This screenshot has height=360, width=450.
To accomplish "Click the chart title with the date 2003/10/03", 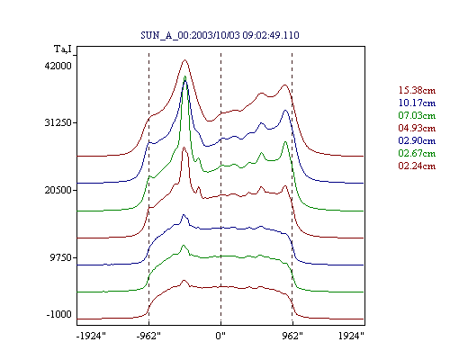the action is coord(220,35).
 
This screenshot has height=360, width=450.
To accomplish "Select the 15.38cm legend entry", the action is coord(417,90).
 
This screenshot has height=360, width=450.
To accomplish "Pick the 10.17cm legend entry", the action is coord(417,103).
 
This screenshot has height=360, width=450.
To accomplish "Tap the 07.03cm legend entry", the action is coord(417,115).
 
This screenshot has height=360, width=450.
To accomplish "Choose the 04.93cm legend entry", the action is coord(417,128).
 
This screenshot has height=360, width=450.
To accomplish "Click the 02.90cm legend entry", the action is coord(417,140).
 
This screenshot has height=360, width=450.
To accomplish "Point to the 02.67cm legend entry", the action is coord(417,153).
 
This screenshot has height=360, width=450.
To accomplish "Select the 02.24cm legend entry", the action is coord(417,166).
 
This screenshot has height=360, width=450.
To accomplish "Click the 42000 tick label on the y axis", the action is coord(58,66).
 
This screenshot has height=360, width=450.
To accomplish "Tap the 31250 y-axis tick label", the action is coord(58,122).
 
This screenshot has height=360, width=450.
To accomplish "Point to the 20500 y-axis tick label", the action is coord(58,190).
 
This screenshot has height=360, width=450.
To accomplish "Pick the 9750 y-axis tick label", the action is coord(61,257).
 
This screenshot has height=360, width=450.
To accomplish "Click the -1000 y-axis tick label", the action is coord(59,314).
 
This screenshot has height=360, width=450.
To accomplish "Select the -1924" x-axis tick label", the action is coord(91,336).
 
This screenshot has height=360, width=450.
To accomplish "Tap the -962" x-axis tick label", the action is coord(148,336).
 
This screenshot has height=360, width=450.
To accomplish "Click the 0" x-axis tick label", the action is coord(220,336).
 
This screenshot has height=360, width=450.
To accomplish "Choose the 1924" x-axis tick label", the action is coord(351,336).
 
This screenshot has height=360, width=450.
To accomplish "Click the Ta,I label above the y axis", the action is coord(63,49).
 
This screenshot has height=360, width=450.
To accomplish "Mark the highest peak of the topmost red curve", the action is coord(184,60).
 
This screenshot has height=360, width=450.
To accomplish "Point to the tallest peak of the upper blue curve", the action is coord(185,81).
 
